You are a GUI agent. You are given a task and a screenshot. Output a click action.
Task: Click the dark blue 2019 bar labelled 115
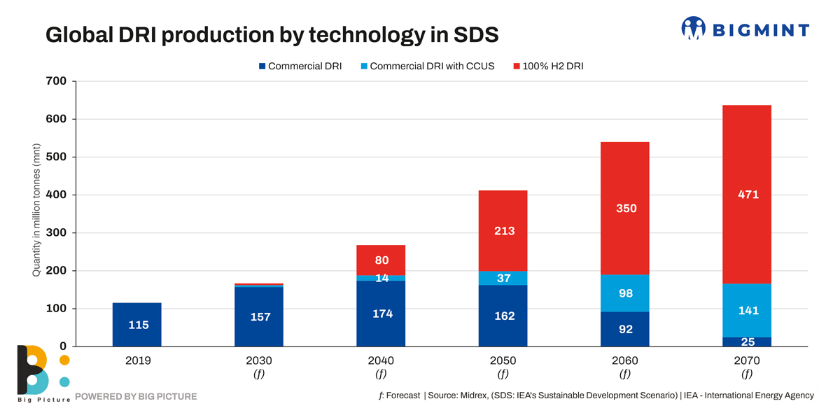136,324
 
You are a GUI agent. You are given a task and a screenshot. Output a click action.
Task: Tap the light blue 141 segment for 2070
747,310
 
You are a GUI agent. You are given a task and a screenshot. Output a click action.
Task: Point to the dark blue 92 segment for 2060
625,329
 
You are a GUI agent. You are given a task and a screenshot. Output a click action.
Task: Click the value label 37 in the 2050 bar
503,279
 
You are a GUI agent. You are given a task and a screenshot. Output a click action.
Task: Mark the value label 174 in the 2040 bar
381,314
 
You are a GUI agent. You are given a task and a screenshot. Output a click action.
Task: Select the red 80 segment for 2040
381,260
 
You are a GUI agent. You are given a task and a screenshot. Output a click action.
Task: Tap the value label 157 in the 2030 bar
259,317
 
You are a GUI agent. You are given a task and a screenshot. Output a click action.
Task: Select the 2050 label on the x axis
503,361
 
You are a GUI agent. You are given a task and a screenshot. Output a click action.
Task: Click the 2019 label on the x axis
138,361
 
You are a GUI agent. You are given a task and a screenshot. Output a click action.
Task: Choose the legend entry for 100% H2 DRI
548,66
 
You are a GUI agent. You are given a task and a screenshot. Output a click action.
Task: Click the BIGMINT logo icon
693,29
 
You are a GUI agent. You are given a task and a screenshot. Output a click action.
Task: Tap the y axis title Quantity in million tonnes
36,210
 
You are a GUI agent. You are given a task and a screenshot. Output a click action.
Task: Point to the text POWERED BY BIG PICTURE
136,397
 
